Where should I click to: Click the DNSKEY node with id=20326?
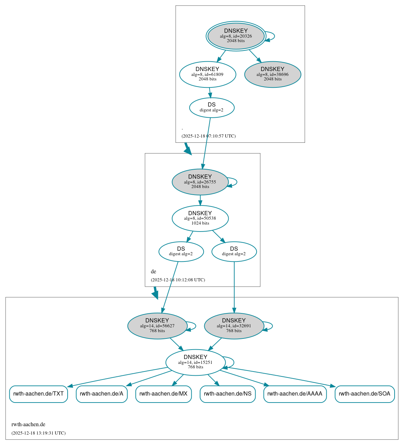pyautogui.click(x=236, y=36)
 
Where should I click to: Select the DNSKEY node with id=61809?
pyautogui.click(x=207, y=74)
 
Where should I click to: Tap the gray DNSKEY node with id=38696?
pyautogui.click(x=273, y=74)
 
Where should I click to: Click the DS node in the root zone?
pyautogui.click(x=212, y=108)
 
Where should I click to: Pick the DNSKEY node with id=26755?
pyautogui.click(x=200, y=182)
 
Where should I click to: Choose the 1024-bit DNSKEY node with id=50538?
pyautogui.click(x=200, y=218)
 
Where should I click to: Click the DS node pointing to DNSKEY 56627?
pyautogui.click(x=181, y=251)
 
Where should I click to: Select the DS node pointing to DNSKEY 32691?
pyautogui.click(x=234, y=251)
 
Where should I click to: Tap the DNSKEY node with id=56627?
pyautogui.click(x=157, y=326)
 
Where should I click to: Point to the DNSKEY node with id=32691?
pyautogui.click(x=234, y=326)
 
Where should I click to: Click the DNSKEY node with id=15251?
pyautogui.click(x=195, y=362)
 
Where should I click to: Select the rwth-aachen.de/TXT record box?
pyautogui.click(x=38, y=394)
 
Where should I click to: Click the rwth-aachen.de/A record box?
pyautogui.click(x=101, y=394)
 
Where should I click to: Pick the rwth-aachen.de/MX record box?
pyautogui.click(x=163, y=394)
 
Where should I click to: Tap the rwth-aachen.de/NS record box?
pyautogui.click(x=228, y=394)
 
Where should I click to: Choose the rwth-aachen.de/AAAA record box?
pyautogui.click(x=295, y=394)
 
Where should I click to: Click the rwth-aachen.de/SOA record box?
pyautogui.click(x=365, y=394)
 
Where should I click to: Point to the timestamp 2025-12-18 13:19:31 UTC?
pyautogui.click(x=38, y=433)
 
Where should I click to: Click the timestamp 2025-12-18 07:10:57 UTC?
pyautogui.click(x=208, y=136)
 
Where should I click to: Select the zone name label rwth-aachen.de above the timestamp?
pyautogui.click(x=28, y=424)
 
